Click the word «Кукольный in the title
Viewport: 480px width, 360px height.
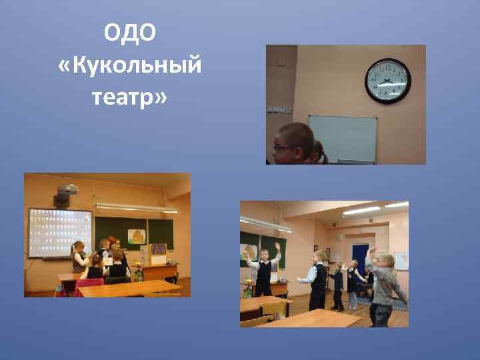click(x=130, y=66)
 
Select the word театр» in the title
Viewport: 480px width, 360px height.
click(x=131, y=98)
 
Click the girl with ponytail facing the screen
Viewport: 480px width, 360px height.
click(x=79, y=257)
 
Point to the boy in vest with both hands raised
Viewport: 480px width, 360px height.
click(x=264, y=270)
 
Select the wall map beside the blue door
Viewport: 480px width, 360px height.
click(x=401, y=261)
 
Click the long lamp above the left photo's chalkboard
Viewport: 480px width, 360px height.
click(x=136, y=208)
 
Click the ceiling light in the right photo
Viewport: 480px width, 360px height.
click(x=361, y=210)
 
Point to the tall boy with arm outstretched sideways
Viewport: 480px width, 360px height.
click(x=317, y=277)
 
